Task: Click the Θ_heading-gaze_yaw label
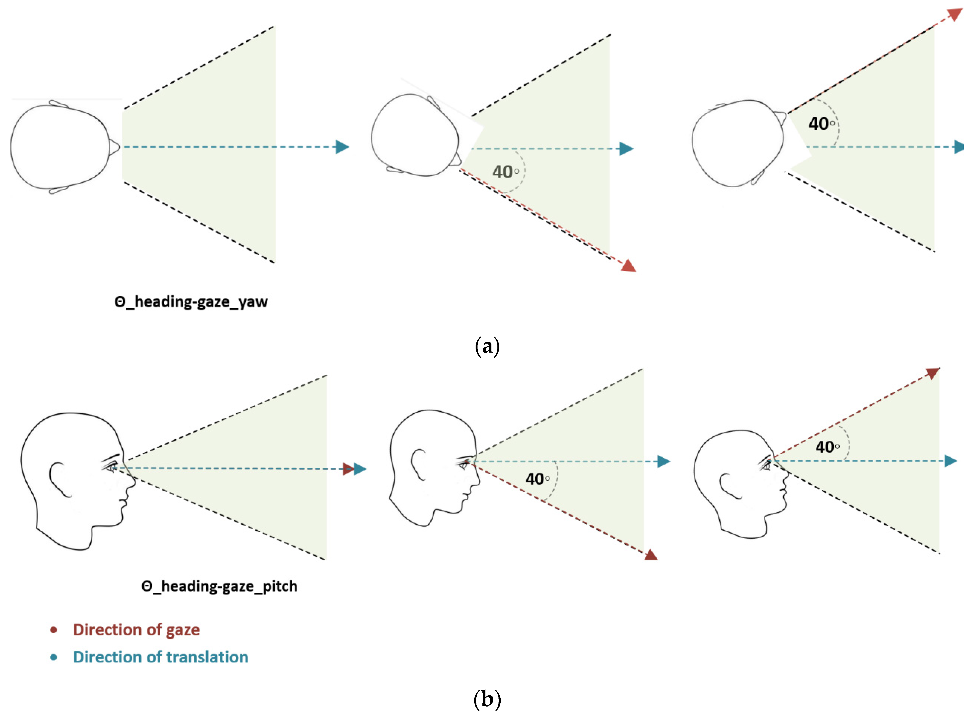(191, 302)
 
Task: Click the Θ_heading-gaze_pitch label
(219, 586)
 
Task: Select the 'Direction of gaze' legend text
(136, 630)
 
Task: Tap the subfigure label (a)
(487, 346)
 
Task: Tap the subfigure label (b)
(487, 699)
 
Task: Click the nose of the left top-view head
(115, 147)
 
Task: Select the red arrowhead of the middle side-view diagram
(651, 555)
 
